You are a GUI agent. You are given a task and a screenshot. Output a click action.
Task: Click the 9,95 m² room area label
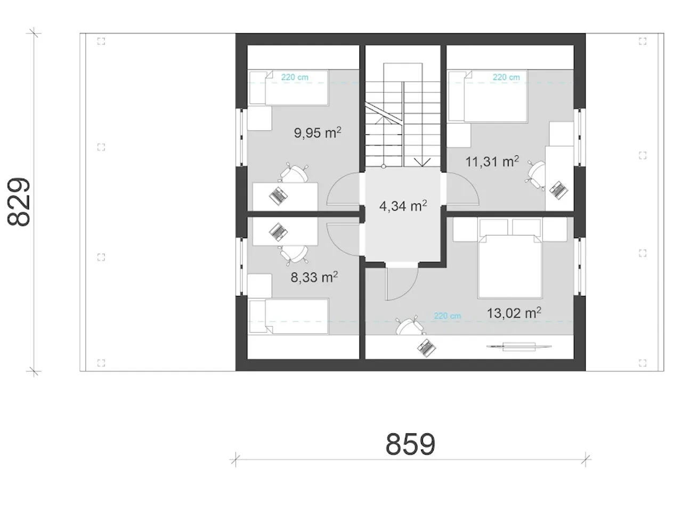(x=317, y=133)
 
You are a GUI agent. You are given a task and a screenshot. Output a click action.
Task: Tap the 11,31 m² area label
(x=492, y=162)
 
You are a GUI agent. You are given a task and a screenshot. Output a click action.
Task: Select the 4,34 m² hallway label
(x=403, y=206)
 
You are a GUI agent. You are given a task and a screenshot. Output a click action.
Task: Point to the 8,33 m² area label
(x=314, y=277)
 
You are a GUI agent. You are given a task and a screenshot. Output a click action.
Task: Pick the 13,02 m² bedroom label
(x=514, y=313)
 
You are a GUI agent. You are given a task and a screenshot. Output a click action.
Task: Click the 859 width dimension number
(x=410, y=445)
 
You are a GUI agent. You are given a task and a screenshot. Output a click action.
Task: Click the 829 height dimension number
(x=19, y=202)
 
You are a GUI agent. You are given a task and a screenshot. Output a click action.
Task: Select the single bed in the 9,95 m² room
(x=289, y=87)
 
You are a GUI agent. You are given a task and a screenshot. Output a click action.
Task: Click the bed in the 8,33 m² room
(x=289, y=316)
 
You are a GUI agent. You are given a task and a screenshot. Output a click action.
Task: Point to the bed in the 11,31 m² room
(x=488, y=96)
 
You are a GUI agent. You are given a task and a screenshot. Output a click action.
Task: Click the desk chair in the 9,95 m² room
(x=294, y=173)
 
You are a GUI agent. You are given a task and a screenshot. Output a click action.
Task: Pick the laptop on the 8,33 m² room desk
(x=278, y=232)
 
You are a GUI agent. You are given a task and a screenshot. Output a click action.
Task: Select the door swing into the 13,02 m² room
(x=402, y=284)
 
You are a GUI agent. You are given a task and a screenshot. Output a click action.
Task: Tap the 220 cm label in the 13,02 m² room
(x=448, y=316)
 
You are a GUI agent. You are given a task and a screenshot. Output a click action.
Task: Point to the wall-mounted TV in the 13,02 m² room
(x=519, y=346)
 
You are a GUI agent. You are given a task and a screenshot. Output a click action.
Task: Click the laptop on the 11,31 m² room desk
(x=558, y=190)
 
